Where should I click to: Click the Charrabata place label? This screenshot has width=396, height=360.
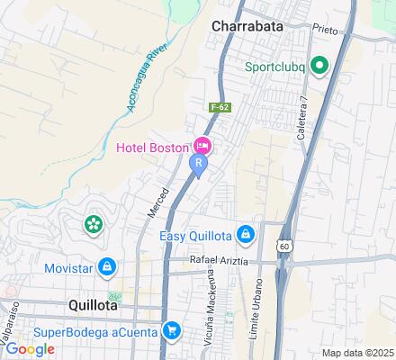247,26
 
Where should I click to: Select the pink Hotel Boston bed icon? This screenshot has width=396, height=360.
203,145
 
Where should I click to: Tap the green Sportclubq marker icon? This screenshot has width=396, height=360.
319,66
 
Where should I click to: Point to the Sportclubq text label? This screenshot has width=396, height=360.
276,66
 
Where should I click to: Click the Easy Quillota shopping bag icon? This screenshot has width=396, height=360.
246,235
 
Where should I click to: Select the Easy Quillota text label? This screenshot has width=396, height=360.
196,236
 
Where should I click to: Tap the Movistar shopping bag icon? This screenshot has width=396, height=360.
107,266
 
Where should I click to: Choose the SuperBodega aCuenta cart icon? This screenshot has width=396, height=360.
170,332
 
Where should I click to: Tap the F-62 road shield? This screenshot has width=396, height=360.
217,106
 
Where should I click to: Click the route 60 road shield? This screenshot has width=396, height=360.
284,245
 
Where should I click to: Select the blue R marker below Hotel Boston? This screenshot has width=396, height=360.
196,165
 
